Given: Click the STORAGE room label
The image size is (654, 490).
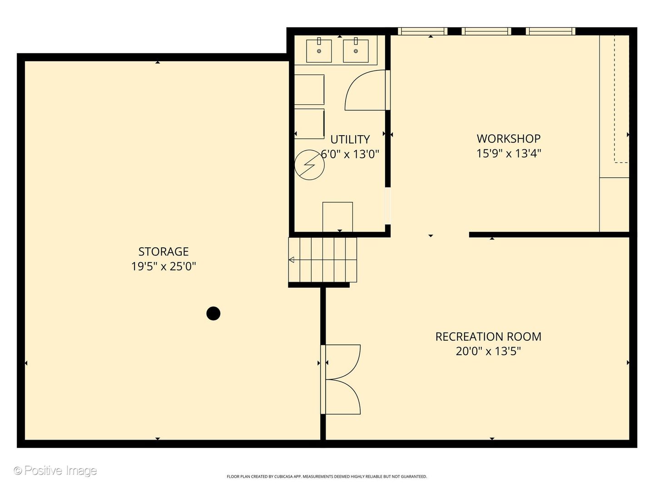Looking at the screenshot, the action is coord(163,252).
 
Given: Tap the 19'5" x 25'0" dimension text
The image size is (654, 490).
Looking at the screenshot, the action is coord(163,266).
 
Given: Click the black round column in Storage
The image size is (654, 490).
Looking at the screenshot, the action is coord(213,313).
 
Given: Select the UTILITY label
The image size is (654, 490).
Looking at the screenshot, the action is coord(350,139).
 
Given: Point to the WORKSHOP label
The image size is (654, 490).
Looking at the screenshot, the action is coord(509,139).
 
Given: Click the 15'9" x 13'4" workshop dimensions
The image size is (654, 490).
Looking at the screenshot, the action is coord(509,153).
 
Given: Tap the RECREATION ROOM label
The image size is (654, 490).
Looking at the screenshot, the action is coord(488,337).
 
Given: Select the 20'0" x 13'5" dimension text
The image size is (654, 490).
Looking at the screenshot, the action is coord(488,351).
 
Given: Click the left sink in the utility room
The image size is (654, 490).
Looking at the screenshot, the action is coord(319,50).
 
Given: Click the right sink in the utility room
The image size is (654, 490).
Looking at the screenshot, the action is coord(356,50).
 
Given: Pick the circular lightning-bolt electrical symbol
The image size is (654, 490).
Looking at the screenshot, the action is coord(310,165).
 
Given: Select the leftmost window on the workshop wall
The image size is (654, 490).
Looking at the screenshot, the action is coord(422,31).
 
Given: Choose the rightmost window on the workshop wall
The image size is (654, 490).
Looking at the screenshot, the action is coord(550,31).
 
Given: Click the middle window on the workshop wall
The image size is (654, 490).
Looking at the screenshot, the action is coord(486,31).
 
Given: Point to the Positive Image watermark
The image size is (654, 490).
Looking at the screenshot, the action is coord(55,470).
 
